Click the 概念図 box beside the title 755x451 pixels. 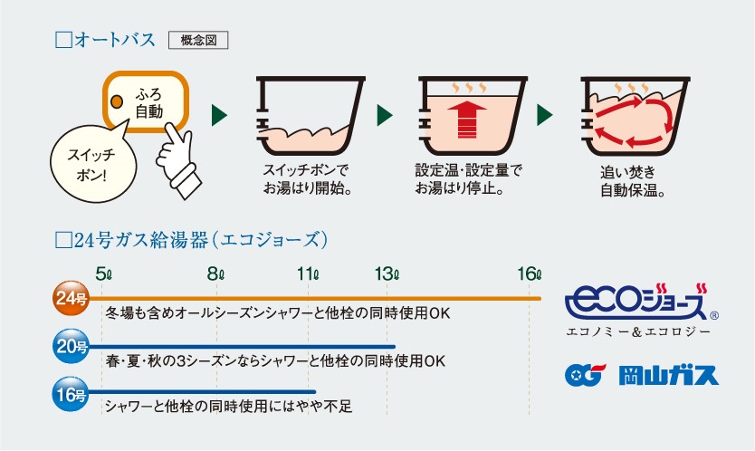(198, 40)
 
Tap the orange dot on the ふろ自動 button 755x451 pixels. (117, 101)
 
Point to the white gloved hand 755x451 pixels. (177, 159)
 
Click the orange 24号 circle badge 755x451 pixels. (71, 298)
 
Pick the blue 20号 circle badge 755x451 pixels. (71, 346)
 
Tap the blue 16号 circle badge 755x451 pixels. (71, 394)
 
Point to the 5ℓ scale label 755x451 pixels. (103, 274)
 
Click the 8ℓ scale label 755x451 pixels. (215, 274)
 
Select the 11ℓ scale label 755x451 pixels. (308, 274)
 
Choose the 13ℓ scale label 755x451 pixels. (387, 274)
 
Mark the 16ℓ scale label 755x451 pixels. (530, 274)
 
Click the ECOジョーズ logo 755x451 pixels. (641, 302)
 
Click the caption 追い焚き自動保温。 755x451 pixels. (633, 181)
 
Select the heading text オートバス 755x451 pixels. (115, 40)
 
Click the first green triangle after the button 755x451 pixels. (218, 115)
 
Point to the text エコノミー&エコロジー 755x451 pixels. (638, 332)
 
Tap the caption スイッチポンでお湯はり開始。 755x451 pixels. (307, 178)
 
